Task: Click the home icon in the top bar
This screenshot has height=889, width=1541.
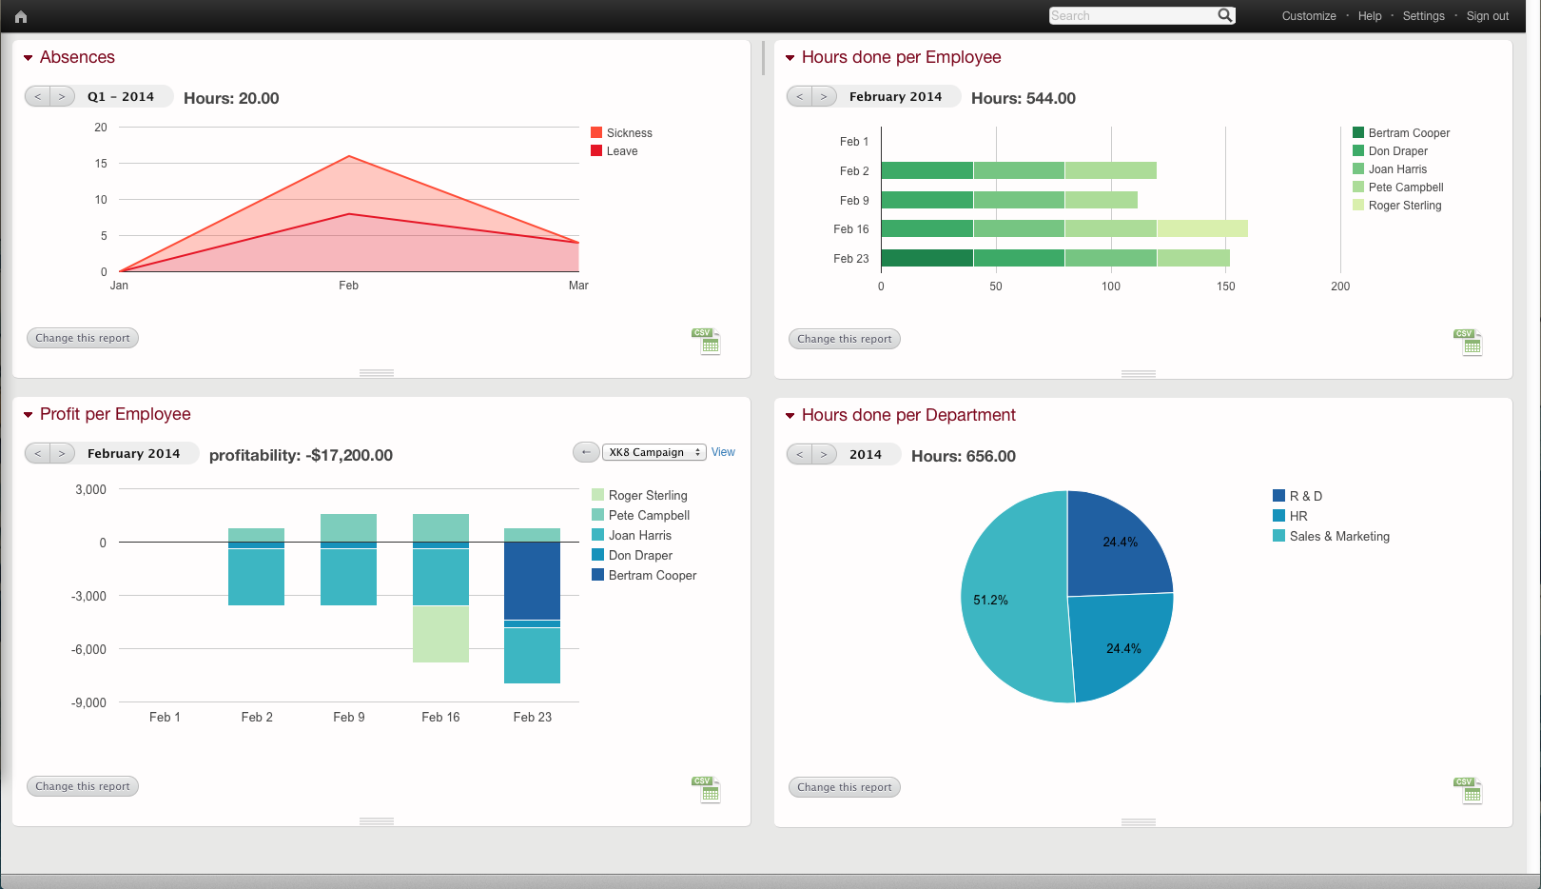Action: pyautogui.click(x=21, y=16)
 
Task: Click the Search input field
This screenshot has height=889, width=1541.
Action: pyautogui.click(x=1132, y=15)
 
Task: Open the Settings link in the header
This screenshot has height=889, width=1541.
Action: pyautogui.click(x=1423, y=16)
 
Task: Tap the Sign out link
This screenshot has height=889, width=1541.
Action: pyautogui.click(x=1487, y=16)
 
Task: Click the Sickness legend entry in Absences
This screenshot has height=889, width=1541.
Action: pyautogui.click(x=629, y=133)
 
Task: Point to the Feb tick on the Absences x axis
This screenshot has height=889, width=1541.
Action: pyautogui.click(x=348, y=286)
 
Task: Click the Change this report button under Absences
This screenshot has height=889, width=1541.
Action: pyautogui.click(x=83, y=338)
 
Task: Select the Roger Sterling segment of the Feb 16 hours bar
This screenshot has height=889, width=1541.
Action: pyautogui.click(x=1202, y=228)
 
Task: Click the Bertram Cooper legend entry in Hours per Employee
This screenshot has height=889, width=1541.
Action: pyautogui.click(x=1409, y=133)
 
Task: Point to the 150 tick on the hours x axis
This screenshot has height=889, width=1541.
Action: pyautogui.click(x=1225, y=286)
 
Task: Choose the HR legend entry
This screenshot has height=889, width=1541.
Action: pyautogui.click(x=1298, y=516)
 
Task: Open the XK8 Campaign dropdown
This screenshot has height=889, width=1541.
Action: pyautogui.click(x=653, y=452)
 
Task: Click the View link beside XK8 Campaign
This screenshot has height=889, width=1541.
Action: pyautogui.click(x=723, y=452)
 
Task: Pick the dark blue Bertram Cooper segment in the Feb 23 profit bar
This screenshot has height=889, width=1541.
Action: pyautogui.click(x=532, y=581)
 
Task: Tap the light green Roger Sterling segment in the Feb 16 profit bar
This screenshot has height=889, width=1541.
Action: pyautogui.click(x=440, y=634)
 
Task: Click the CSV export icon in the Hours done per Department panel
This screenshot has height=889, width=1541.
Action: pyautogui.click(x=1471, y=791)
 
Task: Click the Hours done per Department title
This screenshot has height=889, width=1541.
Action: pyautogui.click(x=908, y=415)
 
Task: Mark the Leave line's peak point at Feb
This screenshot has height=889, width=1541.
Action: pyautogui.click(x=349, y=214)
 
